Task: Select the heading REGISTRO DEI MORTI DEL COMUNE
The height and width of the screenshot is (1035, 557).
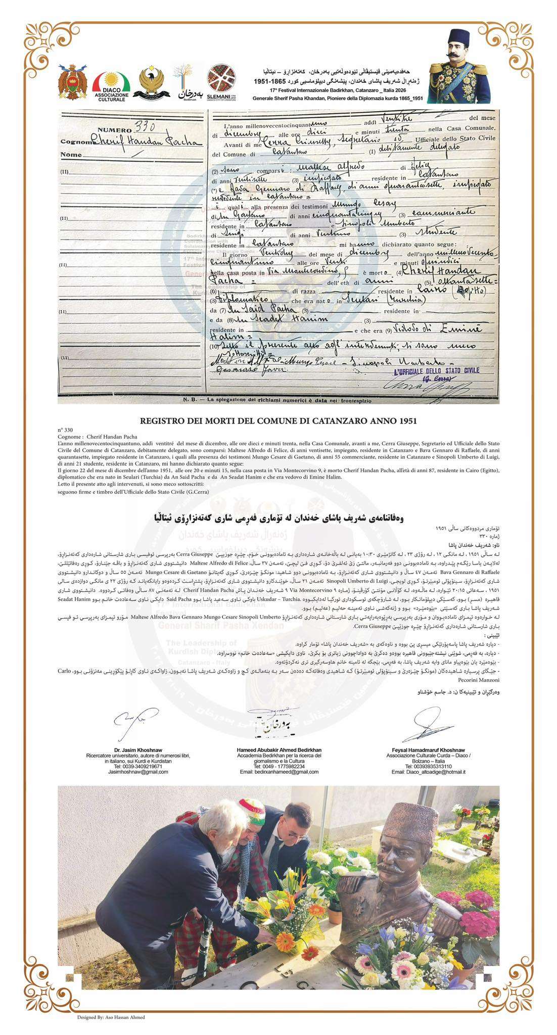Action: click(x=278, y=420)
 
